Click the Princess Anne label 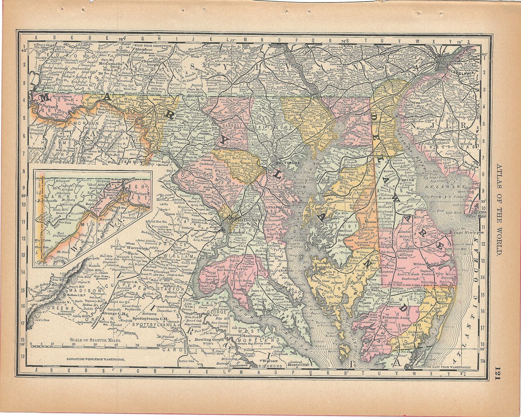pyautogui.click(x=396, y=318)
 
